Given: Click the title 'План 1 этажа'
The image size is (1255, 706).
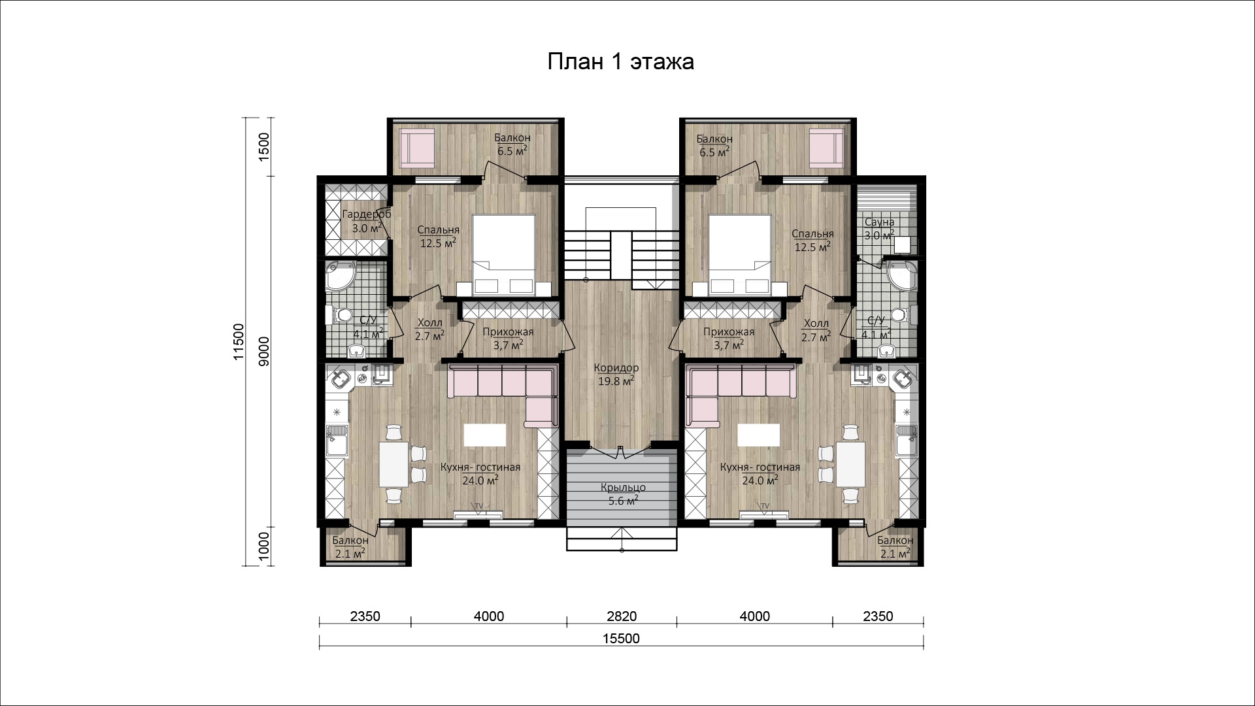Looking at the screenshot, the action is click(620, 62).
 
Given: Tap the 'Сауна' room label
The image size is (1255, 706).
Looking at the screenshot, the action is click(877, 222).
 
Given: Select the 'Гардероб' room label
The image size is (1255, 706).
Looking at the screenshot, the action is click(367, 214).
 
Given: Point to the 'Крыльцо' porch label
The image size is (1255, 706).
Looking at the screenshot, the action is click(624, 488).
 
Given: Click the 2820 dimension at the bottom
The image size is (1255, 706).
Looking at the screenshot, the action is click(621, 616).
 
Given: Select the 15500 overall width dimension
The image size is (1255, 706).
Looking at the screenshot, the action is click(621, 639).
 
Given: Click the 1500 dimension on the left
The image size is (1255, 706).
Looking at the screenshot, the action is click(264, 146).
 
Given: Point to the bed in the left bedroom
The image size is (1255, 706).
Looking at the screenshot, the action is click(504, 256).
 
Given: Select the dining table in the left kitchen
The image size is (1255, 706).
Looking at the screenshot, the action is click(393, 465).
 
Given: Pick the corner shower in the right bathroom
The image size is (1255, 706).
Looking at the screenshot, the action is click(903, 276).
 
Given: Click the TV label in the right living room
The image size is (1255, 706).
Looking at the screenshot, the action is click(764, 506).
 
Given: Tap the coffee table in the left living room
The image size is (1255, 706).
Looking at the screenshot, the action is click(485, 433).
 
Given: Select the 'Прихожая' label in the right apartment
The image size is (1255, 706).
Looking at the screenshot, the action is click(729, 332).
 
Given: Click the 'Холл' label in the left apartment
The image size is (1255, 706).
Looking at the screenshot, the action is click(429, 323).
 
